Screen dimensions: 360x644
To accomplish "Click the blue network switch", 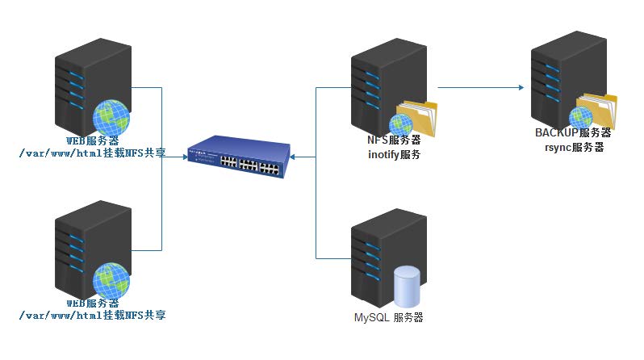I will tap(239, 157).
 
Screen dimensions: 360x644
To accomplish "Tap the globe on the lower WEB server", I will tap(111, 280).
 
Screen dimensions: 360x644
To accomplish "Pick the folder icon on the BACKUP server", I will tap(598, 111).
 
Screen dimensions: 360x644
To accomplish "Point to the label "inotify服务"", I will tap(393, 154).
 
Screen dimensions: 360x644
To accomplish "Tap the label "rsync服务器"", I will tap(574, 147).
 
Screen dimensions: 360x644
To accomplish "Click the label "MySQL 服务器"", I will tap(388, 317).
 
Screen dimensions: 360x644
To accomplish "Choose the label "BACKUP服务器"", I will tap(573, 133).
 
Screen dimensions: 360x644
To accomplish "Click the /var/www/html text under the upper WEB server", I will tap(92, 152).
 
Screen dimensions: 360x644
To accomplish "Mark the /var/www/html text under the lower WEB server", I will tap(92, 316).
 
